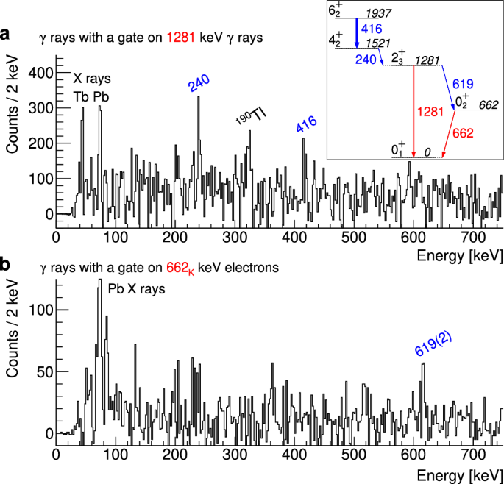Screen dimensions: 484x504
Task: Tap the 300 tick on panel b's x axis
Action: coord(235,455)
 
